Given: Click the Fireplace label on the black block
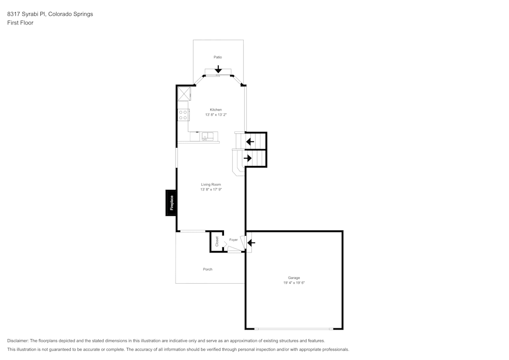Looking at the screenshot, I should coord(172,203).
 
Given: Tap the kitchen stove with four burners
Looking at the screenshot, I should coord(183,115).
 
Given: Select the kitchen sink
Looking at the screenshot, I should coord(207,136).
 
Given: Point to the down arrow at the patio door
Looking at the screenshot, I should coord(218,69).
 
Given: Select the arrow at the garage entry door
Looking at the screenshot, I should coord(250,243).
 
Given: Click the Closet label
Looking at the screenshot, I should coord(217,241).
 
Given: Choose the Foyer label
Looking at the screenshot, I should coord(234,239).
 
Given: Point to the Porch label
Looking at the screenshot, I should coord(208,269).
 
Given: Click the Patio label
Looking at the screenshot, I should coord(218,57).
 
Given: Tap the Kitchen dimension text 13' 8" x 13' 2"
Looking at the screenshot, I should coord(216,115).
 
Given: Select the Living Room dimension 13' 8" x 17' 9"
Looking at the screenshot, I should coord(211,189).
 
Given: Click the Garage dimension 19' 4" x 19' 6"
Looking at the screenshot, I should coord(294,283).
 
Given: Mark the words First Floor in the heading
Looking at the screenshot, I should coord(20,23).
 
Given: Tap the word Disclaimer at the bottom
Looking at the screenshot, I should coord(18,340).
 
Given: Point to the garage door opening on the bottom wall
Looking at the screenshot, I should coord(294,328).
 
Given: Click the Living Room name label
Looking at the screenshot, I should coord(211,184).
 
